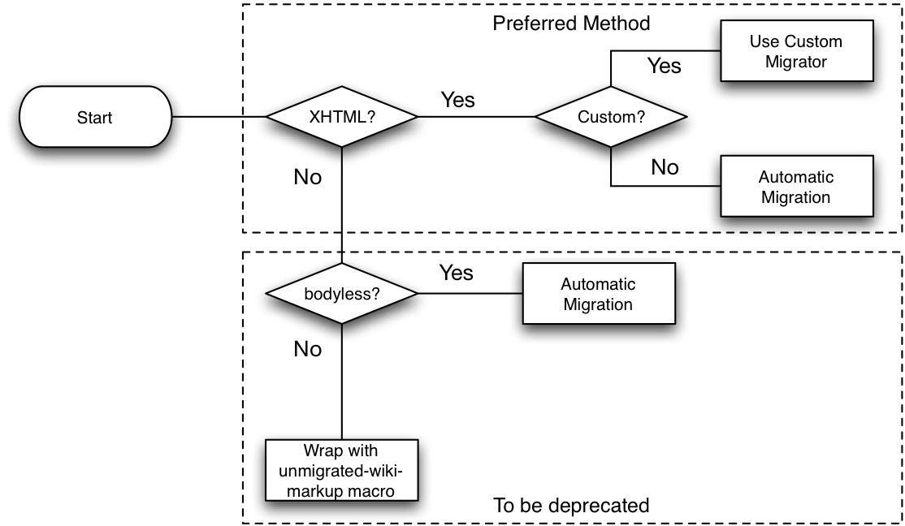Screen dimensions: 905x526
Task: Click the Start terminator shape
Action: (x=95, y=117)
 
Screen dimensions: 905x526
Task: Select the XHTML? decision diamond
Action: (x=342, y=117)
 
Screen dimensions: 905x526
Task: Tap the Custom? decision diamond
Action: (x=611, y=117)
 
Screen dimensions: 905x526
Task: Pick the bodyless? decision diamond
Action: (x=342, y=294)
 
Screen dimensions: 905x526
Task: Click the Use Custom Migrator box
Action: (x=796, y=51)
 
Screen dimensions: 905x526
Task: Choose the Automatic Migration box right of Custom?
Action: (x=796, y=187)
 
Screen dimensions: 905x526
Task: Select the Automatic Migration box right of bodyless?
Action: (x=599, y=294)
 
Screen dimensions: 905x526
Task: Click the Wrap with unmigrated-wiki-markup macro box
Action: (x=342, y=470)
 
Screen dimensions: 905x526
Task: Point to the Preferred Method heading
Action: (x=571, y=23)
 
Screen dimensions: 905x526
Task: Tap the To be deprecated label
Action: (x=571, y=505)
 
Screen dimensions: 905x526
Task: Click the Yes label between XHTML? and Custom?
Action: (x=457, y=100)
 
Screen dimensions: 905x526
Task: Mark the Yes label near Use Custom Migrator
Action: (x=664, y=66)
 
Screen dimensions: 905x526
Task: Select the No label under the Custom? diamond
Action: (x=665, y=167)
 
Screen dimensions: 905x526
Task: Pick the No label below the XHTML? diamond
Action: (x=308, y=177)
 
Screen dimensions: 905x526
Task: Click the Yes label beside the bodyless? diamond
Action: (x=456, y=273)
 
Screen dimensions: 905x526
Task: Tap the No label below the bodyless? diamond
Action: (x=308, y=349)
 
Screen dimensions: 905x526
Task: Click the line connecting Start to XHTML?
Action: (x=219, y=117)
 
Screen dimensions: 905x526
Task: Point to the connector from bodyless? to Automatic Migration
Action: (x=470, y=294)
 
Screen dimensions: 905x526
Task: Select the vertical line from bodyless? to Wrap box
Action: (x=342, y=382)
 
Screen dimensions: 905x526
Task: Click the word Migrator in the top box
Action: (x=796, y=62)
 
